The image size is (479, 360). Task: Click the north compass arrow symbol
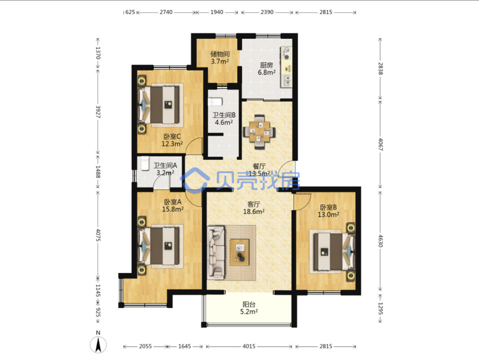click(98, 345)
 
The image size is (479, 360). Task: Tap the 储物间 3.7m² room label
click(220, 58)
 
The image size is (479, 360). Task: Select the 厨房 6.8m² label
click(266, 69)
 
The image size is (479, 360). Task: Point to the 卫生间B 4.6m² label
click(224, 119)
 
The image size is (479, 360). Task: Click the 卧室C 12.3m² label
click(172, 140)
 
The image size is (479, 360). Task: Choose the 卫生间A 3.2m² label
click(165, 169)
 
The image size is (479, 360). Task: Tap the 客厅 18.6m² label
click(254, 208)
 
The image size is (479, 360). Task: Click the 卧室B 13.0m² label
click(328, 211)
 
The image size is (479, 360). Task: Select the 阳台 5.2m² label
click(249, 308)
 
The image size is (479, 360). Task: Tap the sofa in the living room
click(216, 253)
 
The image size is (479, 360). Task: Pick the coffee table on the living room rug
click(240, 252)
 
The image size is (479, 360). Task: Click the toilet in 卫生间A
click(145, 163)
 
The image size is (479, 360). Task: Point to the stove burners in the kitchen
click(286, 54)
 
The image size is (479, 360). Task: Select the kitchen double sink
click(287, 81)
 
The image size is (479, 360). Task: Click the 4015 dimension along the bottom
click(249, 346)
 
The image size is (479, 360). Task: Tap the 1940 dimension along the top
click(217, 12)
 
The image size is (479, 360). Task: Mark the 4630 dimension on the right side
click(380, 241)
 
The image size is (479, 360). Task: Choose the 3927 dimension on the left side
click(98, 112)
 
